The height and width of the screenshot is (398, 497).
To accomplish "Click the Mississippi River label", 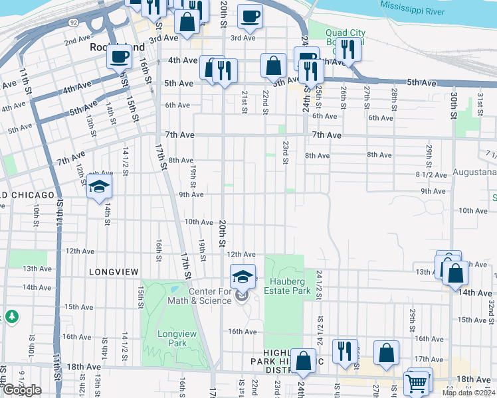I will [x=422, y=5].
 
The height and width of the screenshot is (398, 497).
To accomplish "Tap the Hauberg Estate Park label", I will [x=287, y=286].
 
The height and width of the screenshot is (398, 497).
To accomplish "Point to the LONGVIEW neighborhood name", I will [x=113, y=272].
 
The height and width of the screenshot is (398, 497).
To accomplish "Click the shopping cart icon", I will [x=417, y=382].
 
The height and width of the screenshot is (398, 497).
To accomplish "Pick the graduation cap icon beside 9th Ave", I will [x=99, y=186].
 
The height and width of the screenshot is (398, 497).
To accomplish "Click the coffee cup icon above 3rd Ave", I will [x=250, y=16].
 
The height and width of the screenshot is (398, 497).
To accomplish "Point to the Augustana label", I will [x=474, y=172].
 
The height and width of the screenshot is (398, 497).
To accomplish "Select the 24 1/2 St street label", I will [x=320, y=283].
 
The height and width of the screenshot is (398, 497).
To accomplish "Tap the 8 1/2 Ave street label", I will [x=428, y=174].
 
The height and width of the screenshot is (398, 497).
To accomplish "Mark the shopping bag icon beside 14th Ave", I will [x=455, y=273].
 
